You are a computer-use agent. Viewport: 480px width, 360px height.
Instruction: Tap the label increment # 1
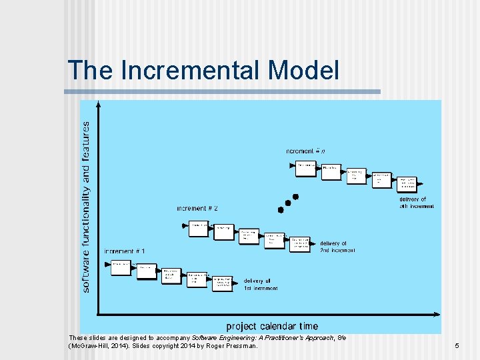click(x=124, y=251)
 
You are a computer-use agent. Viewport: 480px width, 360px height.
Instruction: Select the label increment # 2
click(x=197, y=209)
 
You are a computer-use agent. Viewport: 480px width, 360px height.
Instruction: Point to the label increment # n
click(x=306, y=151)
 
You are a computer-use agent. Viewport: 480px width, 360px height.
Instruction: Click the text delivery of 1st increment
click(x=261, y=284)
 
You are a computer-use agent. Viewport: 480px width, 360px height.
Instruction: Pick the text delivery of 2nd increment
click(x=337, y=247)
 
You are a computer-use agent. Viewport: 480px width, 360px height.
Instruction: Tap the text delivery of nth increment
click(x=417, y=203)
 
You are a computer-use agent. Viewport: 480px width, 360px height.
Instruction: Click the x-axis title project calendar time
click(x=272, y=326)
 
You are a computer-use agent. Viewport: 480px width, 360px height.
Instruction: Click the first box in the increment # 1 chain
click(x=121, y=266)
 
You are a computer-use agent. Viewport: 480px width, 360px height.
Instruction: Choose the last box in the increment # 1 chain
click(x=223, y=283)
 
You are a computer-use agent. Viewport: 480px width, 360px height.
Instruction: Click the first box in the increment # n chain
click(x=306, y=166)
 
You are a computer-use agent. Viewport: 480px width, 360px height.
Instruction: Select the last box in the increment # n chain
click(x=407, y=183)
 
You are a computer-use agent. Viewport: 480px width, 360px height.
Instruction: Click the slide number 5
click(x=457, y=346)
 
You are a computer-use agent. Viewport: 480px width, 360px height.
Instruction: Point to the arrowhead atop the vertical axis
click(x=99, y=104)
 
